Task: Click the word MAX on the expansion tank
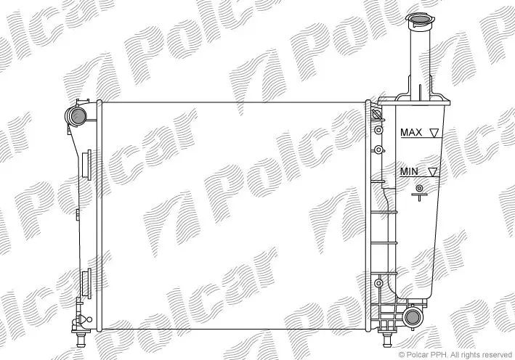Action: point(411,132)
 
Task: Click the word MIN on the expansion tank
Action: point(409,171)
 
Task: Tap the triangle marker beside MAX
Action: point(434,133)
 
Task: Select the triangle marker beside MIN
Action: point(433,172)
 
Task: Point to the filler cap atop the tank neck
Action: point(419,20)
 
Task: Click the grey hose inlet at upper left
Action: point(78,116)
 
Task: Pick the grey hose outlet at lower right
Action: point(413,317)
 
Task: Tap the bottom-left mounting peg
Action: point(81,339)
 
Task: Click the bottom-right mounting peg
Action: point(387,339)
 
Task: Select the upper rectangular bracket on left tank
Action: point(86,165)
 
